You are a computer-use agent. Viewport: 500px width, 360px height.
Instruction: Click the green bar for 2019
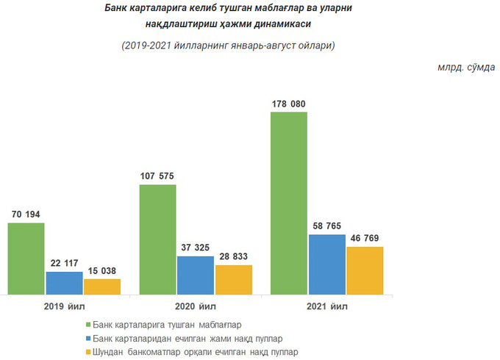[26, 258]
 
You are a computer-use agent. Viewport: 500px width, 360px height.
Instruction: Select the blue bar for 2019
[65, 283]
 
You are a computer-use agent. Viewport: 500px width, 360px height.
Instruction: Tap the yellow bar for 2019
[101, 287]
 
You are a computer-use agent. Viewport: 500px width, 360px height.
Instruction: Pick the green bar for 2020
[158, 239]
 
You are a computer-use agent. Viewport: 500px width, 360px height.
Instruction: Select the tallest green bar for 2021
[289, 203]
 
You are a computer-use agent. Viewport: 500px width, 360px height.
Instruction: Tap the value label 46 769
[365, 239]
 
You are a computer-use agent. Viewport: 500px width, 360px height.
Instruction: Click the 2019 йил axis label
[64, 306]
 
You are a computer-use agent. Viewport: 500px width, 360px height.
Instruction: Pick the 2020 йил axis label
[196, 306]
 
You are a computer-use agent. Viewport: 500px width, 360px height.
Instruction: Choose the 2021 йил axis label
[327, 306]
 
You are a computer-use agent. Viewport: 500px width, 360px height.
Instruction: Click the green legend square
[88, 324]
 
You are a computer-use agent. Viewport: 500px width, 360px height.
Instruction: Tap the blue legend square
[88, 338]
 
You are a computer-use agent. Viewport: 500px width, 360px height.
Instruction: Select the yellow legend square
[88, 352]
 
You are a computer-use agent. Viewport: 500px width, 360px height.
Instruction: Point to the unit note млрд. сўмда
[465, 68]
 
